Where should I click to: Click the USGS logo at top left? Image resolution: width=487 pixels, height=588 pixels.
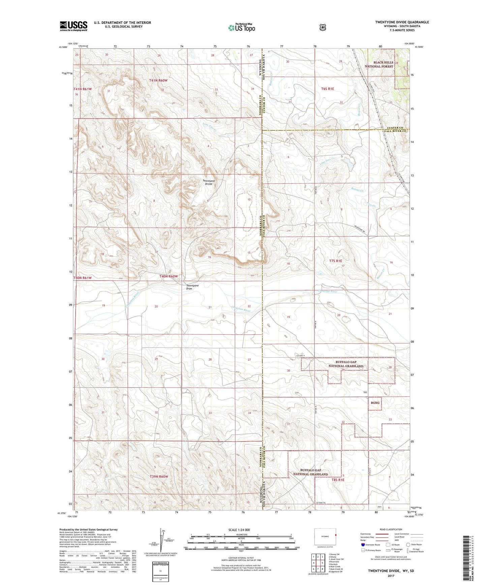(x=73, y=26)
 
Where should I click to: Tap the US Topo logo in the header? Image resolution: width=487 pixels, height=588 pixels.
(x=241, y=28)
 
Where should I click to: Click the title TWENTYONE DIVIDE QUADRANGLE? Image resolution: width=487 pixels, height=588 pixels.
(x=402, y=22)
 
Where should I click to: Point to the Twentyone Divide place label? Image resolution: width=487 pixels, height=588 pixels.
(x=209, y=183)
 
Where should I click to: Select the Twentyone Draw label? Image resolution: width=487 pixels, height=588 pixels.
(x=192, y=287)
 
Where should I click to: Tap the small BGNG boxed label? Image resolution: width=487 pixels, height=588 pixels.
(x=375, y=403)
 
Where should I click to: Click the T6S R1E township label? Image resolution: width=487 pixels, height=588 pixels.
(x=327, y=89)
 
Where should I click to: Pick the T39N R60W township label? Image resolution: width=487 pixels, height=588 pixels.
(x=159, y=477)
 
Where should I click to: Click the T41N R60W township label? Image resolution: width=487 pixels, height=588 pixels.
(x=158, y=80)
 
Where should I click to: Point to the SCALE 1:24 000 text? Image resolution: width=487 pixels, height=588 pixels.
(x=239, y=530)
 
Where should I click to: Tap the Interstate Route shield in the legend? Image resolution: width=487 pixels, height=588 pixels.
(x=363, y=545)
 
